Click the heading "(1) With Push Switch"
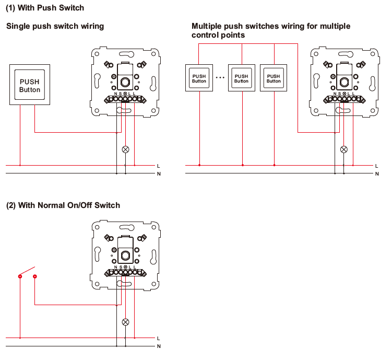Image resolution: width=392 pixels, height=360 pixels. [45, 8]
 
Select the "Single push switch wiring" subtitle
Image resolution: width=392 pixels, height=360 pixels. [55, 26]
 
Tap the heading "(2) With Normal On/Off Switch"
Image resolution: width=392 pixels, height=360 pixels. [63, 205]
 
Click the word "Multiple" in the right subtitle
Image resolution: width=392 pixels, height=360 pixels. [208, 26]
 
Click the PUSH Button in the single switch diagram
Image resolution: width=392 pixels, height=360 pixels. [30, 85]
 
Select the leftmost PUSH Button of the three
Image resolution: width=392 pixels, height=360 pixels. [199, 78]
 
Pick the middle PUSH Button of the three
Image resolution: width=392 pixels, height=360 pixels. [242, 78]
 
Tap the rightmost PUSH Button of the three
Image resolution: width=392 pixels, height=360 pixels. [274, 78]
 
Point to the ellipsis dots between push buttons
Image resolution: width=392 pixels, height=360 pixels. [220, 78]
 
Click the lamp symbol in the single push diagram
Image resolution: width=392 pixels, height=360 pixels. [125, 149]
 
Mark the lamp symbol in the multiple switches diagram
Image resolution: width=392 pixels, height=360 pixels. [343, 149]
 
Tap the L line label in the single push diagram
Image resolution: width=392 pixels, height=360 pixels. [158, 166]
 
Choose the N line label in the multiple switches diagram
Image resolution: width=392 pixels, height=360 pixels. [376, 173]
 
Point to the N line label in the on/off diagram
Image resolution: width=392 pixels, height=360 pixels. [158, 346]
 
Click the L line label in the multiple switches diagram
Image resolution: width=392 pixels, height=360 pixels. [376, 166]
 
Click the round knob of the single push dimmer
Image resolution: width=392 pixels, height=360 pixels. [125, 81]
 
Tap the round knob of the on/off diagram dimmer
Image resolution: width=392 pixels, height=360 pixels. [125, 254]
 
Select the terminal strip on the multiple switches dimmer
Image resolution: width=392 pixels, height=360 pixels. [343, 98]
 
